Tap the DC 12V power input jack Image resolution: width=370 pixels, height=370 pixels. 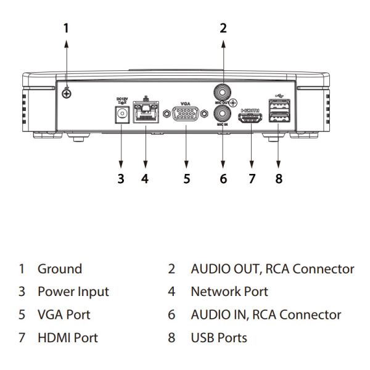pos(121,115)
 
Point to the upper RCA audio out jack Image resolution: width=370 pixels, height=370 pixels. pos(223,91)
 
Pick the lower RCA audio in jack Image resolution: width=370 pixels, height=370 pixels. pos(223,113)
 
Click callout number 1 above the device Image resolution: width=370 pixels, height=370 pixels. pos(69,27)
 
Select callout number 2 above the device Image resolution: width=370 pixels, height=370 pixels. pos(223,27)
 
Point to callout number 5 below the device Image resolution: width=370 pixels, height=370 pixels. pos(185,179)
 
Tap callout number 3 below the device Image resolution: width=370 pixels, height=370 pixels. pos(121,179)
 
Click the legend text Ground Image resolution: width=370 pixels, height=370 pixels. pos(59,269)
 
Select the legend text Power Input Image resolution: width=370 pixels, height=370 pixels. pos(73,292)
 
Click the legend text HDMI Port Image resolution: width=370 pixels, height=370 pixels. pos(67,338)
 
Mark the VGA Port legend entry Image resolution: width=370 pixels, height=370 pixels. pos(64,314)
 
